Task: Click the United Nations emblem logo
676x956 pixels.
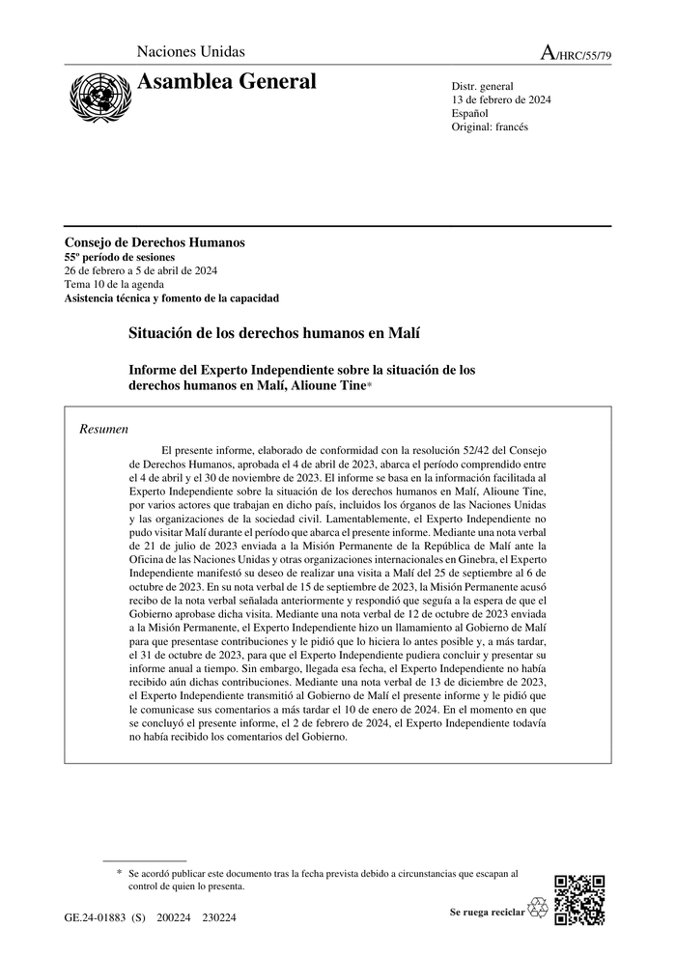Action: (94, 94)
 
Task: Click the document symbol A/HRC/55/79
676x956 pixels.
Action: (576, 54)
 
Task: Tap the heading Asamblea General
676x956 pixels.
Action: (227, 82)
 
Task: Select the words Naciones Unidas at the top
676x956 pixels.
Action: (191, 52)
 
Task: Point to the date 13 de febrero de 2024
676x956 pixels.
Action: (501, 99)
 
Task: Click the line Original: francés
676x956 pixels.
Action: (490, 127)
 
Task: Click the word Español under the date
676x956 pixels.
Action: (470, 113)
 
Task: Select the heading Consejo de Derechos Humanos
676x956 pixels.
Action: (155, 242)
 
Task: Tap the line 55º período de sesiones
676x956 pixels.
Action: (119, 257)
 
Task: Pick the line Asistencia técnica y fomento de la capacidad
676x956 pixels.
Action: (171, 298)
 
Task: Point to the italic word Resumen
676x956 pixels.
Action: (104, 429)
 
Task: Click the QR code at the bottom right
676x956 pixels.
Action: (580, 900)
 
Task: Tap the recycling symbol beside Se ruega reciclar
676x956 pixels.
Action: (538, 909)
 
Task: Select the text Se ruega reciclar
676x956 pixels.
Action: (487, 911)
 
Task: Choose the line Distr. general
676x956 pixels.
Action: (483, 86)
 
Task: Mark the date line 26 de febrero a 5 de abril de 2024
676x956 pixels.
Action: (140, 270)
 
